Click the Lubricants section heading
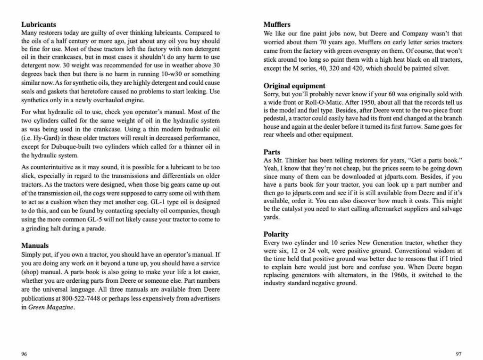[x=39, y=25]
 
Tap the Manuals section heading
[x=35, y=245]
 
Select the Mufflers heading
[x=277, y=25]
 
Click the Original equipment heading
[x=294, y=86]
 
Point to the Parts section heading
[x=272, y=152]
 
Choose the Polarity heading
[x=276, y=234]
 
